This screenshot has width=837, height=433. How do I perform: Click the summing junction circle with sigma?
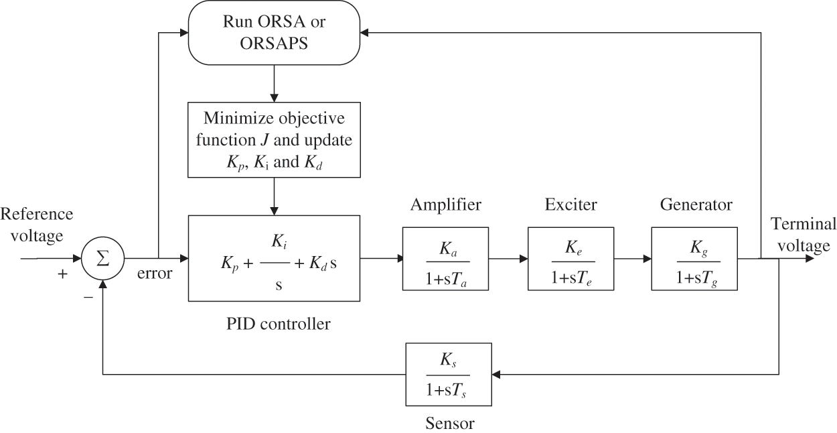coord(102,258)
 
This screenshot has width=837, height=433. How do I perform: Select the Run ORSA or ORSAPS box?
coord(274,32)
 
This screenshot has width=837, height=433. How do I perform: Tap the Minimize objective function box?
coord(275,139)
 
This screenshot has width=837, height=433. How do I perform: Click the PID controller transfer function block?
coord(275,258)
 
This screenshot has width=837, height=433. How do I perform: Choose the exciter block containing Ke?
coord(570,258)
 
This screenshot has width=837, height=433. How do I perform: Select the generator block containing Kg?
coord(694,258)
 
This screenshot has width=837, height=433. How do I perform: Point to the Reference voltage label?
coord(37,225)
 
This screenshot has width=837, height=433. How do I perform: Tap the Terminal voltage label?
coord(803,235)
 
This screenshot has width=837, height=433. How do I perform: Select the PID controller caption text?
coord(278,325)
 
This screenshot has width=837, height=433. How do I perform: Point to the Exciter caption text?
coord(570,204)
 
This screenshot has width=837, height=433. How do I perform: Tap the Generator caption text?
coord(696,204)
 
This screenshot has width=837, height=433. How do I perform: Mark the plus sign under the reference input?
coord(63,273)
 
